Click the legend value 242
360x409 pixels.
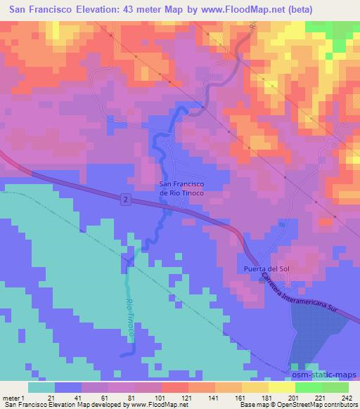click(x=347, y=397)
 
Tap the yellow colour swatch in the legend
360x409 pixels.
click(x=281, y=387)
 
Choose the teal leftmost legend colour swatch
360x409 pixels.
click(x=41, y=387)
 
